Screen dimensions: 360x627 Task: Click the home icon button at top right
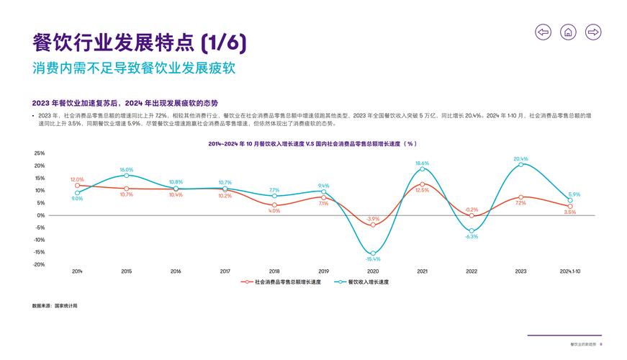click(568, 32)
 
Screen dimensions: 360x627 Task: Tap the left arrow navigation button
click(543, 32)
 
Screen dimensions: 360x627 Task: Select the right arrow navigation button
click(593, 32)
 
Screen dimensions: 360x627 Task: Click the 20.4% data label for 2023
click(520, 158)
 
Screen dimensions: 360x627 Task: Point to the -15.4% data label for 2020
click(373, 259)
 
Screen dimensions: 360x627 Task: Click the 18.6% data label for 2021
click(422, 163)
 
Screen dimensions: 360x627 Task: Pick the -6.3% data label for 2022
click(472, 237)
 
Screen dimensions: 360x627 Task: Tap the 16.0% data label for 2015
click(127, 170)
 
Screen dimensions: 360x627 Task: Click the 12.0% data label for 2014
click(77, 179)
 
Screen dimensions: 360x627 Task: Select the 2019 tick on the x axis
click(323, 271)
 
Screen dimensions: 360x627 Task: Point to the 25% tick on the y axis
click(39, 153)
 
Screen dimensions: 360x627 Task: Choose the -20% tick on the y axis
click(39, 264)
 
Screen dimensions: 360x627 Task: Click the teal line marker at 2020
click(373, 253)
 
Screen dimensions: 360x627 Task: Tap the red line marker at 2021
click(422, 184)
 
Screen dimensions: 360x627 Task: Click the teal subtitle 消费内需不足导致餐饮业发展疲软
click(134, 69)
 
